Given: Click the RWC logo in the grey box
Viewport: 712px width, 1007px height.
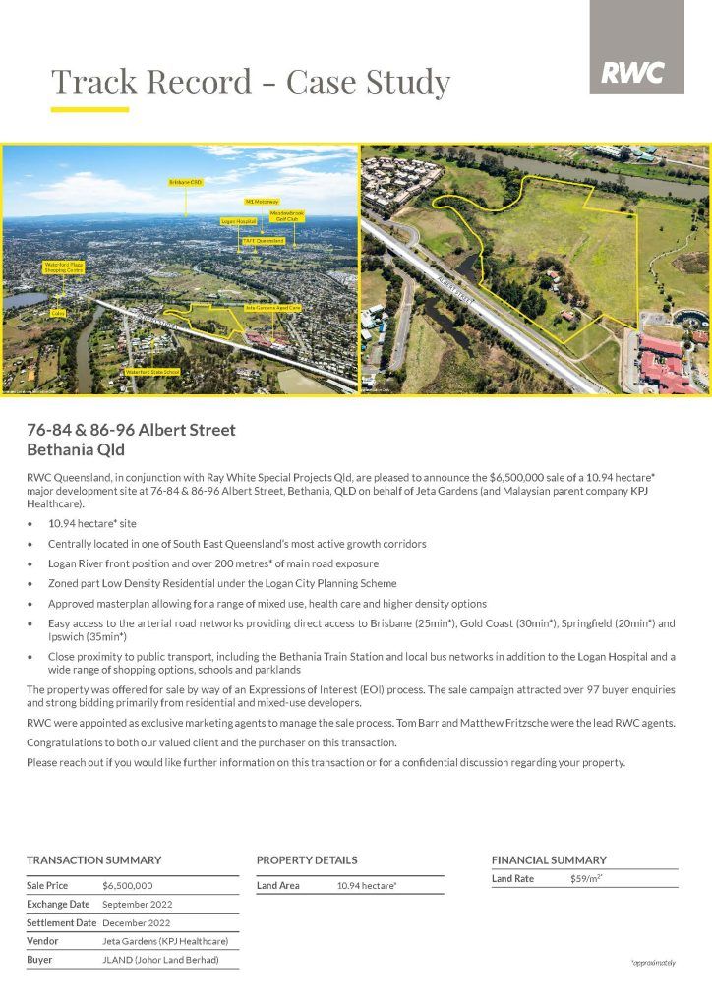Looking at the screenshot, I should tap(633, 72).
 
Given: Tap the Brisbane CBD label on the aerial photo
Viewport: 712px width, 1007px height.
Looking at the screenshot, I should tap(186, 183).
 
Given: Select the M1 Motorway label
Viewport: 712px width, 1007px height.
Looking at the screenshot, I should tap(263, 202).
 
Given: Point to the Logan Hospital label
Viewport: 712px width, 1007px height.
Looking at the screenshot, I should tap(239, 222).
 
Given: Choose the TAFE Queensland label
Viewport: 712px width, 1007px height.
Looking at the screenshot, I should tap(264, 240).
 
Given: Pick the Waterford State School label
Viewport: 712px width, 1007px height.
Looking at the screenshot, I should tap(152, 372).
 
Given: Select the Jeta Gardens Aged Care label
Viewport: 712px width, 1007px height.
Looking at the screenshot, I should tap(273, 308).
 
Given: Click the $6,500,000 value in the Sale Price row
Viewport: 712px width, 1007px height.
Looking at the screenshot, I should tap(128, 886).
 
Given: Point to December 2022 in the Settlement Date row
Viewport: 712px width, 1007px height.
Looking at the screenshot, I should tap(136, 923).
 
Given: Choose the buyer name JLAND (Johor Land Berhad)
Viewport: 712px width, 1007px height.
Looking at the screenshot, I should tap(160, 960).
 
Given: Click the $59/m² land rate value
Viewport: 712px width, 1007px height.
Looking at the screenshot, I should tap(586, 879).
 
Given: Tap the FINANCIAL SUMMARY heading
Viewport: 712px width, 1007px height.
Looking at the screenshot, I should tap(549, 859).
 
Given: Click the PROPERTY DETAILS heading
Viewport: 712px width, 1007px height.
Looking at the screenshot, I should tap(307, 859).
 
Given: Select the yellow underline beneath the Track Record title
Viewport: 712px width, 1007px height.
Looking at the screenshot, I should tap(89, 109).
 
